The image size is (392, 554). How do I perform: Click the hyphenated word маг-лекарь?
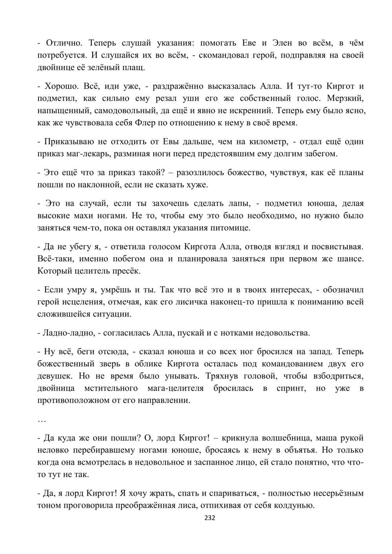click(91, 153)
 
